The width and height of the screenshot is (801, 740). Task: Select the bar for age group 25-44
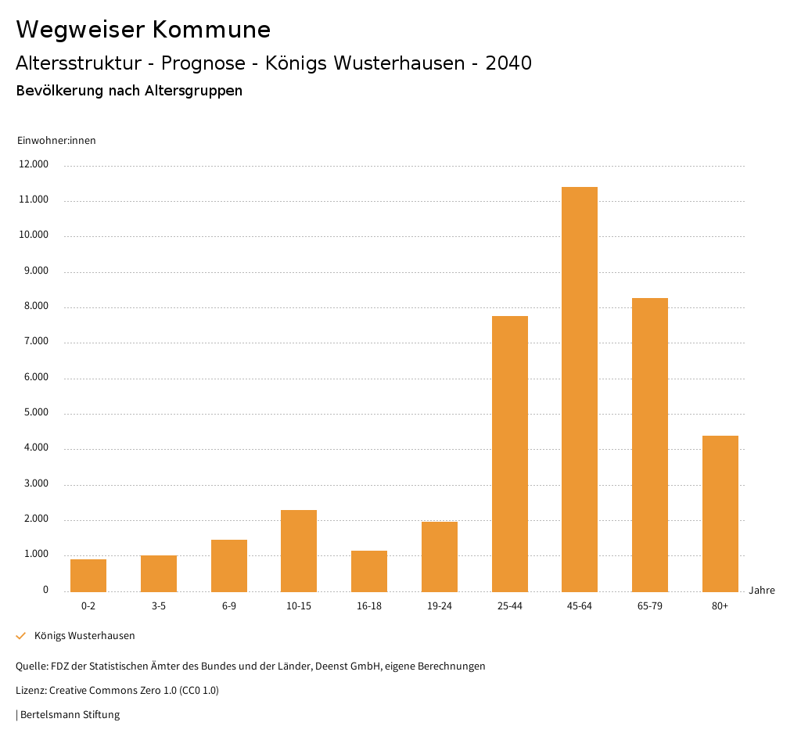[509, 454]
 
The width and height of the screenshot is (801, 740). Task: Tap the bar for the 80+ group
[720, 513]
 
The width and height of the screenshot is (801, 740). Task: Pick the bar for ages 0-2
[88, 576]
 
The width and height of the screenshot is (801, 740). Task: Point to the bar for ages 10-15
[299, 551]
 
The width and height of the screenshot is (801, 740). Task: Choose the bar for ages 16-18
[369, 571]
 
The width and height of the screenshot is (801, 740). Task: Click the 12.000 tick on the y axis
[34, 164]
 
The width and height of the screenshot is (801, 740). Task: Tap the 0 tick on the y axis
[45, 590]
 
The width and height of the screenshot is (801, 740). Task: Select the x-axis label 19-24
[440, 606]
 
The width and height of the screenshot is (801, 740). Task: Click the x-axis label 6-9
[229, 606]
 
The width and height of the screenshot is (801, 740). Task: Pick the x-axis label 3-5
[159, 606]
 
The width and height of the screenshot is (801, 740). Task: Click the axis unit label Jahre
[762, 591]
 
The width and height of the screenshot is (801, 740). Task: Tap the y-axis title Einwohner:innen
[56, 140]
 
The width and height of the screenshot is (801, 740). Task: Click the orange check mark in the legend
[21, 636]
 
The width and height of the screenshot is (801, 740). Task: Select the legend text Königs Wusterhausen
[84, 636]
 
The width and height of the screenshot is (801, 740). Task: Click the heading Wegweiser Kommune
[143, 30]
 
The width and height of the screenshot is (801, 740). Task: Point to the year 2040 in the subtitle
[508, 63]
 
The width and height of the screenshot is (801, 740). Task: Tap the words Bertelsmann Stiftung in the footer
[70, 714]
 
